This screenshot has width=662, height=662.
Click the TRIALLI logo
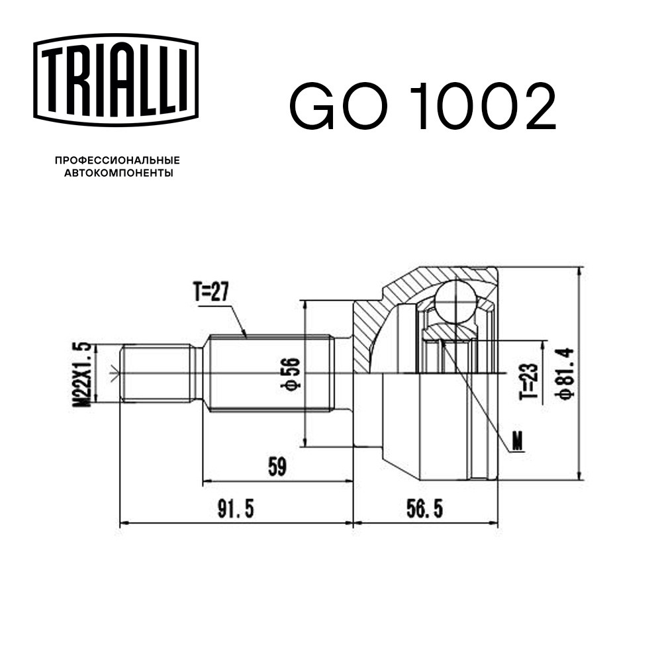click(x=116, y=80)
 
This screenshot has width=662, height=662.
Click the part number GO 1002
click(x=422, y=106)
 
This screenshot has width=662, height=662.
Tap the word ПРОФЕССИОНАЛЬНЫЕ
click(x=117, y=160)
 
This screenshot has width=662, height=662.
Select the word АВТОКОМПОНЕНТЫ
click(x=118, y=173)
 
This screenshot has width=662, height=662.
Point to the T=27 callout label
click(x=211, y=292)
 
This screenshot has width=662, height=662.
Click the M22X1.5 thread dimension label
click(x=82, y=374)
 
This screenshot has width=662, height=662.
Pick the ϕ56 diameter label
click(x=291, y=373)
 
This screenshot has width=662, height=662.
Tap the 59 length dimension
click(x=277, y=467)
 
